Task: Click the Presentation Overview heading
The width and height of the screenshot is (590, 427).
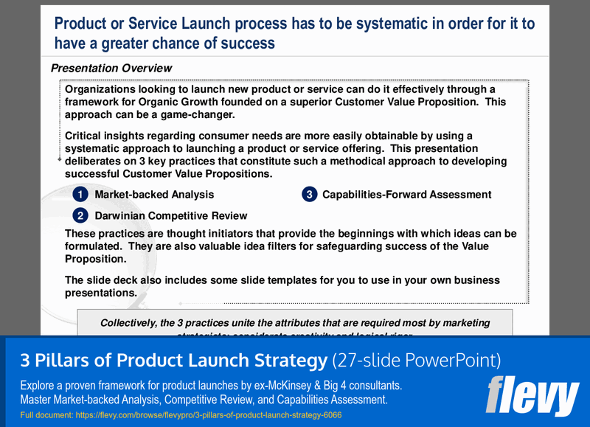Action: pyautogui.click(x=111, y=68)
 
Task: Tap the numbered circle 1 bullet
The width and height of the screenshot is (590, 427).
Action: pyautogui.click(x=80, y=195)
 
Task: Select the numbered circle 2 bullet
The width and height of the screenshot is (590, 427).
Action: pyautogui.click(x=80, y=215)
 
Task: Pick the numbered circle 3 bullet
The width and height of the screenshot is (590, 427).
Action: pyautogui.click(x=309, y=195)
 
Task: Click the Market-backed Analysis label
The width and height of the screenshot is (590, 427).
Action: pyautogui.click(x=154, y=195)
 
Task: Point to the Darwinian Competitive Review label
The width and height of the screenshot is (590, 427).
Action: pyautogui.click(x=170, y=215)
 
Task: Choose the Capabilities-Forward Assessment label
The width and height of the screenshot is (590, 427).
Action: pyautogui.click(x=406, y=195)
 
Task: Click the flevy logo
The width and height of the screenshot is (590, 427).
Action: pyautogui.click(x=532, y=397)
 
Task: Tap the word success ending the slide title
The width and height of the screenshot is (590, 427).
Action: pyautogui.click(x=249, y=44)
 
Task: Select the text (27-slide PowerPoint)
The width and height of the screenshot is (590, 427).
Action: pyautogui.click(x=417, y=361)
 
